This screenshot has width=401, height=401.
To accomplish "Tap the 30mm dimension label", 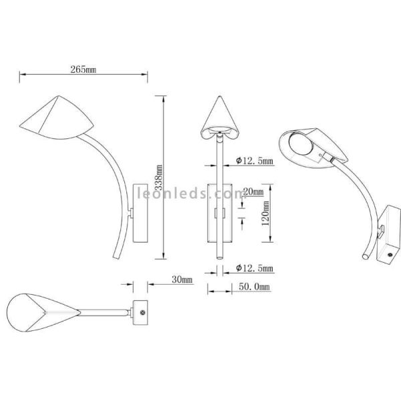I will [182, 279].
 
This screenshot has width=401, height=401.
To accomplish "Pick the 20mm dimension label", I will [253, 191].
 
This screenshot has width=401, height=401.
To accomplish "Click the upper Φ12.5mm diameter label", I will [255, 160].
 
